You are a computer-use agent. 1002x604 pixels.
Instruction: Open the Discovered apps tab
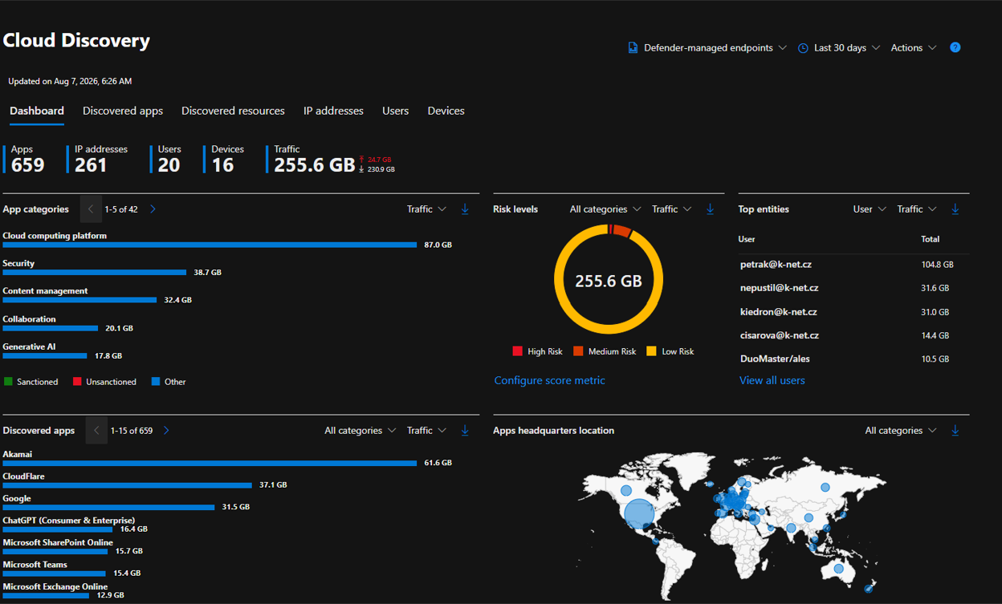[x=123, y=111]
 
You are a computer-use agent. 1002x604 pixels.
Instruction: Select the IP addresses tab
[x=333, y=111]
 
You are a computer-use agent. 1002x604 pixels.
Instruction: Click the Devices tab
[x=446, y=111]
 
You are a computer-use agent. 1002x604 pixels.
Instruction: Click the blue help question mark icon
[x=955, y=47]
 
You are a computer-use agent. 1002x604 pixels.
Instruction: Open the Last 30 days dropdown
[x=839, y=48]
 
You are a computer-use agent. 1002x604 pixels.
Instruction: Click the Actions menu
[x=914, y=48]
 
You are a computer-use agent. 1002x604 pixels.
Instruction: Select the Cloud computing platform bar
[x=210, y=245]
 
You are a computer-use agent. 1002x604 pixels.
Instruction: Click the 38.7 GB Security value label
[x=208, y=272]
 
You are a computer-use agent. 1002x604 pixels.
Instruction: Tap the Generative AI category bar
[x=45, y=356]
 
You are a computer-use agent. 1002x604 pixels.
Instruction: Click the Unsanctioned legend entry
[x=104, y=382]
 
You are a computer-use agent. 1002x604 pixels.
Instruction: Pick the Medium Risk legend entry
[x=605, y=351]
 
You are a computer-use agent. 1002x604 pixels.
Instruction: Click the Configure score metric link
[x=549, y=380]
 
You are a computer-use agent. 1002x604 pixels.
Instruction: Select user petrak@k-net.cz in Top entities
[x=776, y=265]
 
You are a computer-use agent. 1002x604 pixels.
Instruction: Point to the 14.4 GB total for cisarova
[x=935, y=335]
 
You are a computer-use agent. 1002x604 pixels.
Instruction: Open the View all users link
[x=772, y=380]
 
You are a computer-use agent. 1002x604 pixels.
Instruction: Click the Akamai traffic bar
[x=210, y=464]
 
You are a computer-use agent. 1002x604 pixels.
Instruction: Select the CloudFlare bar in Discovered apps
[x=128, y=485]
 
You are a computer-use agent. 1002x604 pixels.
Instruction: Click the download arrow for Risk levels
[x=710, y=209]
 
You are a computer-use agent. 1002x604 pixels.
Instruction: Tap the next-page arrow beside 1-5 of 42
[x=153, y=209]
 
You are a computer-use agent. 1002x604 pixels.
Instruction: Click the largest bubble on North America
[x=639, y=513]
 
